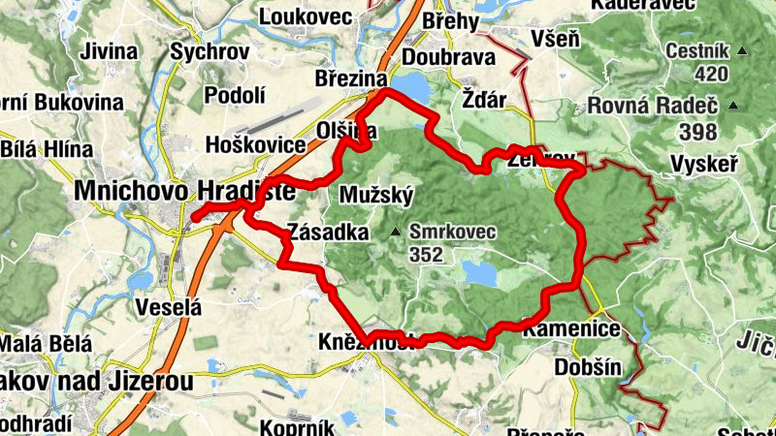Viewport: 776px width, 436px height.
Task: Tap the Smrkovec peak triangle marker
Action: [396, 233]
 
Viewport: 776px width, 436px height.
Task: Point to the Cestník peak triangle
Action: [742, 51]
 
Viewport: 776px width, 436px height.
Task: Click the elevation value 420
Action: [684, 74]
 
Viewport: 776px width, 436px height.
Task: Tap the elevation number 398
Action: [698, 131]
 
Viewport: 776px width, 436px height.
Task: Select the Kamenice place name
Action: [571, 329]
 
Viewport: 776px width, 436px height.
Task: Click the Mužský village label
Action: [377, 196]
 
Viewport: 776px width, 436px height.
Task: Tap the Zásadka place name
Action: [328, 233]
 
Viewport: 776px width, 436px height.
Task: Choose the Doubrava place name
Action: [448, 57]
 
